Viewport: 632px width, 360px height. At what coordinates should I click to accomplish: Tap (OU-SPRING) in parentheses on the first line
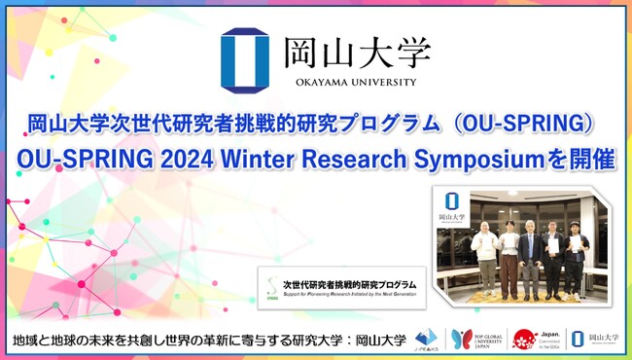tap(526, 125)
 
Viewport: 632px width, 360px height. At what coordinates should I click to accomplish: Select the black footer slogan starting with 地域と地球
tap(205, 340)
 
